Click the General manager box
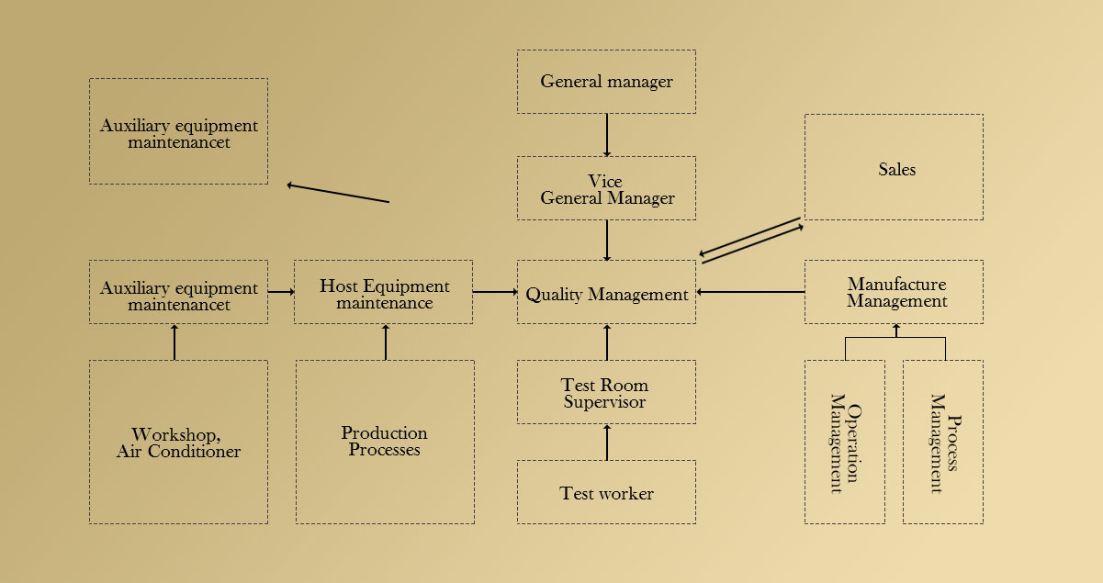pyautogui.click(x=606, y=82)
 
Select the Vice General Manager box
pyautogui.click(x=606, y=188)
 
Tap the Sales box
pyautogui.click(x=894, y=167)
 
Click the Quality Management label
pyautogui.click(x=606, y=295)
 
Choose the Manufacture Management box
pyautogui.click(x=894, y=292)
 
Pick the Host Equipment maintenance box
pyautogui.click(x=384, y=292)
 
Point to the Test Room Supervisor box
pyautogui.click(x=606, y=392)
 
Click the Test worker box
pyautogui.click(x=606, y=493)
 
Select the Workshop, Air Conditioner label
pyautogui.click(x=178, y=443)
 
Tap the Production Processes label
pyautogui.click(x=385, y=442)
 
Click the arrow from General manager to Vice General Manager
pyautogui.click(x=607, y=135)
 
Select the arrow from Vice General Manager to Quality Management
pyautogui.click(x=607, y=240)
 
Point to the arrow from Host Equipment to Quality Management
pyautogui.click(x=495, y=292)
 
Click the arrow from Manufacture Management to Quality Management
pyautogui.click(x=750, y=292)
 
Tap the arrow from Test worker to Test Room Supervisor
pyautogui.click(x=607, y=442)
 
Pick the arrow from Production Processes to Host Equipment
pyautogui.click(x=386, y=342)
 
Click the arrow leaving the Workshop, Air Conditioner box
pyautogui.click(x=174, y=342)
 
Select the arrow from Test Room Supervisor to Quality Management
pyautogui.click(x=607, y=342)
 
